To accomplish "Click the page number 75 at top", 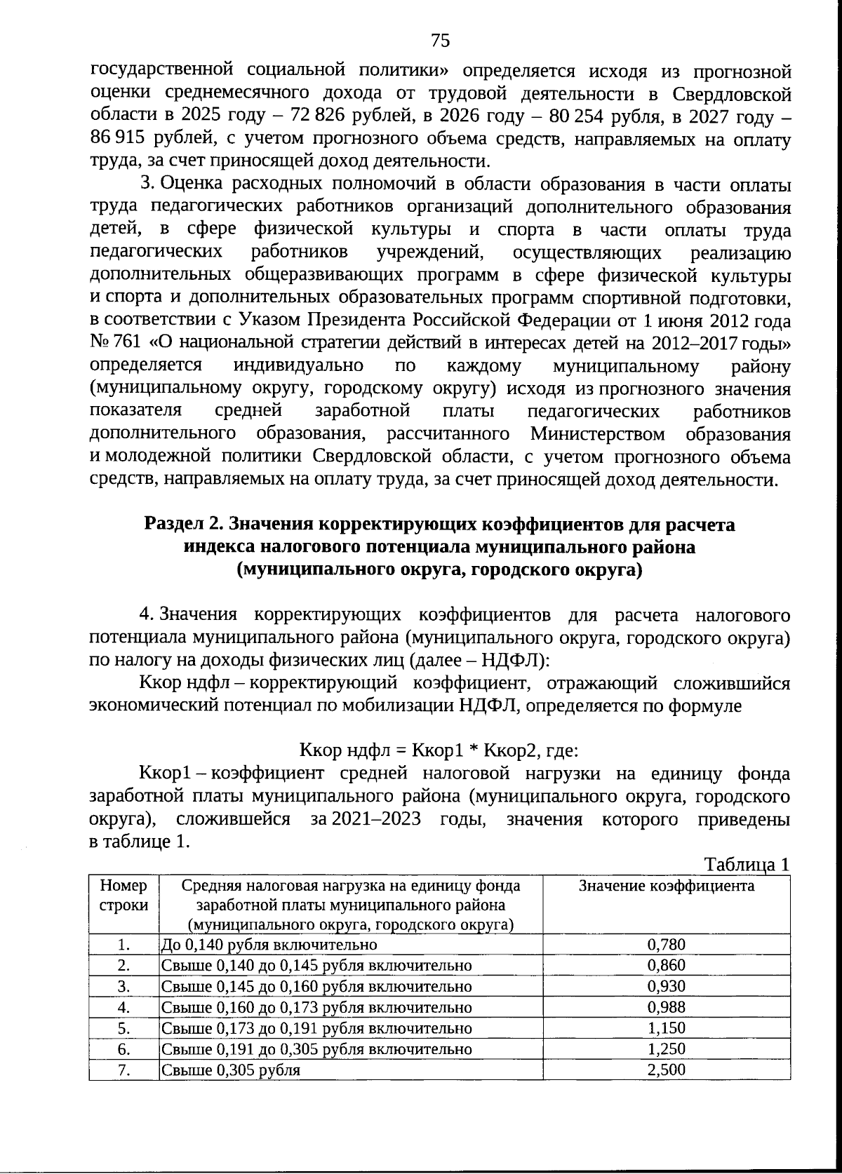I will click(x=440, y=40).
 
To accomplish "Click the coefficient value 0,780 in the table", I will click(x=666, y=944).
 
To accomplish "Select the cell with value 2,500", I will click(x=666, y=1070).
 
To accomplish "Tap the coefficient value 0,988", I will click(x=666, y=1007).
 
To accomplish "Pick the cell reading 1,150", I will click(x=666, y=1028).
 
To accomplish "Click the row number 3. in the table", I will click(x=124, y=986).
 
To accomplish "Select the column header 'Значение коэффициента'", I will click(x=666, y=886).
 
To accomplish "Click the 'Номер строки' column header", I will click(x=124, y=895).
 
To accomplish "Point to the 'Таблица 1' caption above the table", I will click(x=747, y=864).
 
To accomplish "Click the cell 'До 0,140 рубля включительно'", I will click(x=269, y=944).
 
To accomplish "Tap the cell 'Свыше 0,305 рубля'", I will click(x=231, y=1070).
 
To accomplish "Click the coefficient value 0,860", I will click(x=666, y=965).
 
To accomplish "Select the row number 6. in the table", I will click(x=124, y=1049).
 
